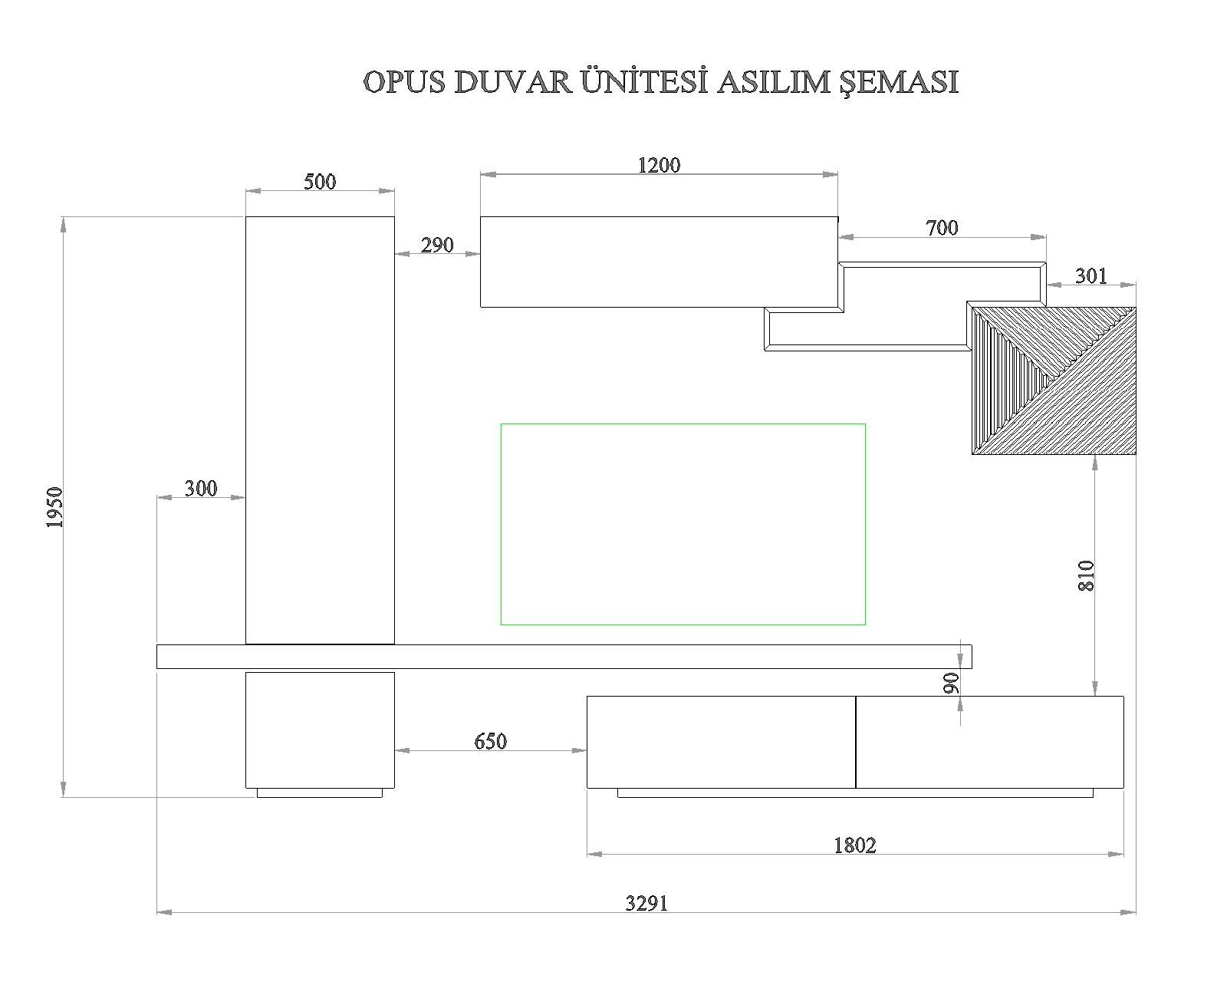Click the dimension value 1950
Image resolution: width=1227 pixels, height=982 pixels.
click(x=54, y=507)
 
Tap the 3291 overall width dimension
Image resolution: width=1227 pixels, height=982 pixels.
click(x=646, y=903)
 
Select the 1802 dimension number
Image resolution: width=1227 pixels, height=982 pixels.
click(x=854, y=845)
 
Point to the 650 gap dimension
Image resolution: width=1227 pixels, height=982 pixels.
click(x=490, y=741)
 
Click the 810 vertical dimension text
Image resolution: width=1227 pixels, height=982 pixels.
click(x=1086, y=575)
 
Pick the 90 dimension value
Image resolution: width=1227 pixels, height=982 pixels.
click(x=951, y=683)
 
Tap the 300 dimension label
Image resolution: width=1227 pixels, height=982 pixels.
click(x=201, y=488)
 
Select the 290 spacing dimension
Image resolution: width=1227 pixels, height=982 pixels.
click(x=436, y=245)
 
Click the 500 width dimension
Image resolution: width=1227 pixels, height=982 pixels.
click(x=320, y=182)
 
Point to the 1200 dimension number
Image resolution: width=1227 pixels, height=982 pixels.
click(x=659, y=165)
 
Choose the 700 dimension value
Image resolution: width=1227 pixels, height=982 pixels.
click(x=942, y=228)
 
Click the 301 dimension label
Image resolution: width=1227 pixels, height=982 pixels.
click(x=1090, y=275)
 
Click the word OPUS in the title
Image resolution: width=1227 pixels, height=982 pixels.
click(x=404, y=82)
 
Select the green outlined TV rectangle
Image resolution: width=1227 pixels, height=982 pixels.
click(x=683, y=524)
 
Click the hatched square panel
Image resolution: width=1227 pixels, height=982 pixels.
click(x=1053, y=381)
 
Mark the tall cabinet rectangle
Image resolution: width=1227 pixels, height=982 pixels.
click(x=320, y=430)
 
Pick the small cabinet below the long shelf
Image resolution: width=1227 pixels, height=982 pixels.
click(x=320, y=730)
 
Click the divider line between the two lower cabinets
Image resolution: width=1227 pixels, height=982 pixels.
click(x=855, y=742)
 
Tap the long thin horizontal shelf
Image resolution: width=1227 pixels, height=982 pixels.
click(x=564, y=657)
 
